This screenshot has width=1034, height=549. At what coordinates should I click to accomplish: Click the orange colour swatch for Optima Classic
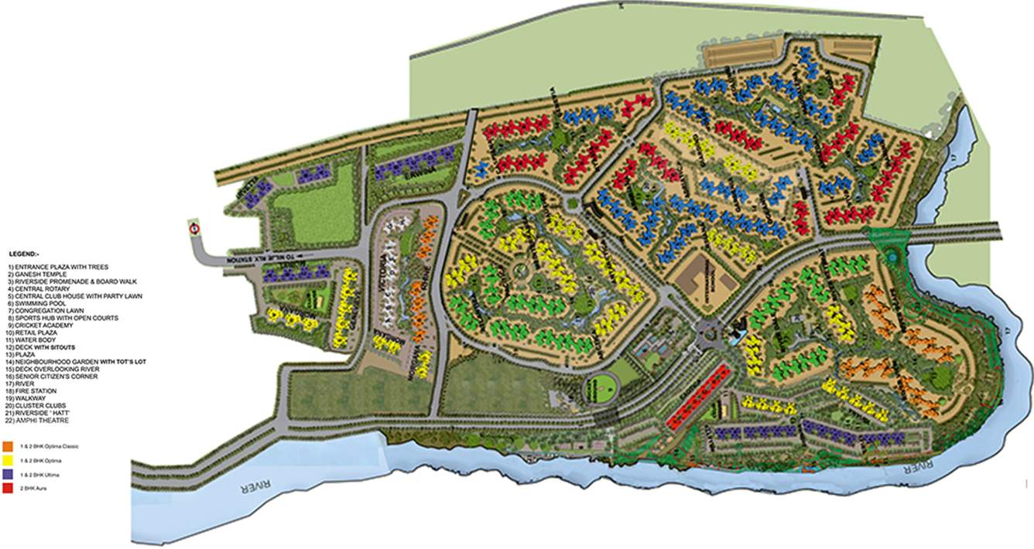coord(6,446)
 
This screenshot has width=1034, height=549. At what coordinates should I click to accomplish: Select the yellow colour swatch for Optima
coord(6,459)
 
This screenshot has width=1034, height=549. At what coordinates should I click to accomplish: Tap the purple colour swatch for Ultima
coord(6,473)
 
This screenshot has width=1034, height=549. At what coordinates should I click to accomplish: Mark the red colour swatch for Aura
coord(6,487)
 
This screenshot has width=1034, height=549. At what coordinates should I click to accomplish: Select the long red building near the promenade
coord(698,395)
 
